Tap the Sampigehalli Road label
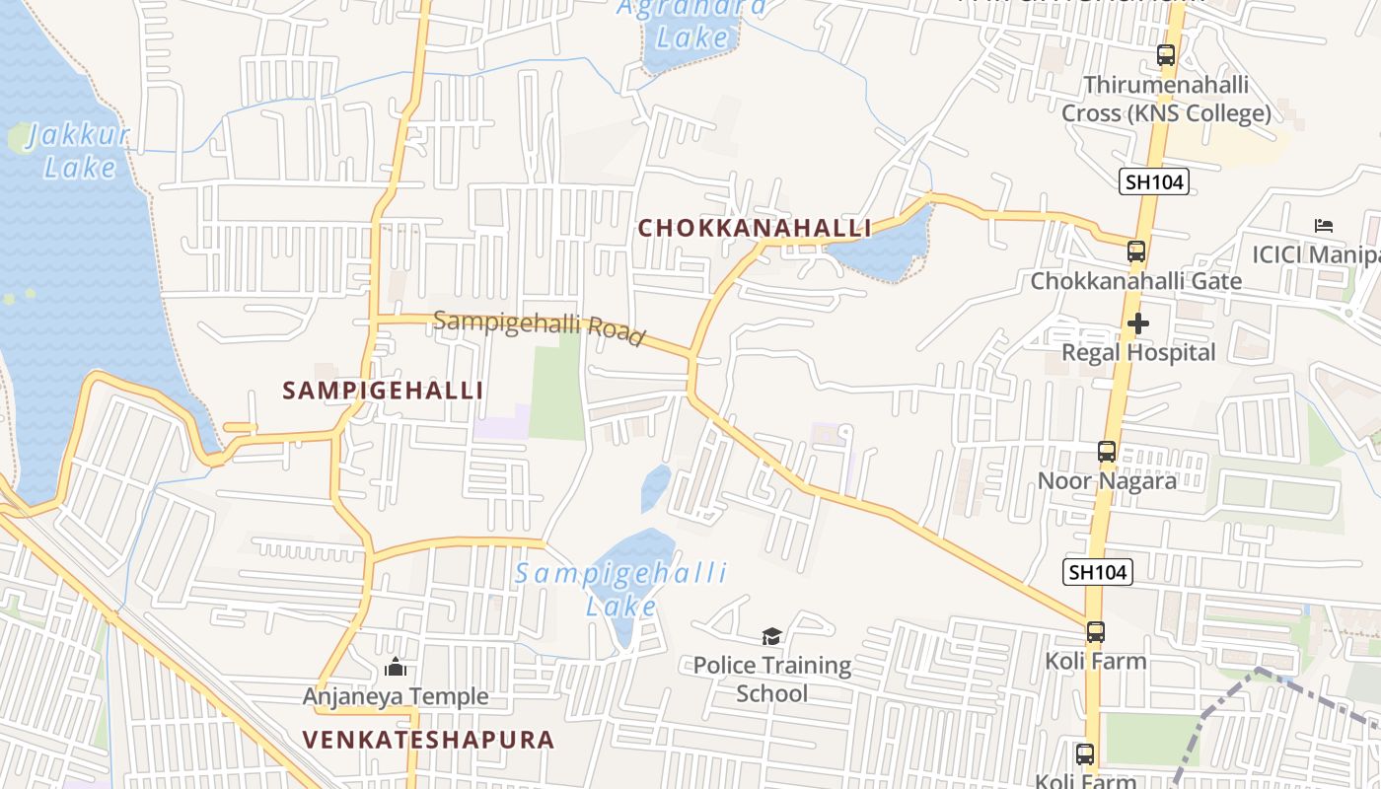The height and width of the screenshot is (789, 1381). coord(539,326)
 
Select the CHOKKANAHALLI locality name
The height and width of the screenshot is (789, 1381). coord(755,228)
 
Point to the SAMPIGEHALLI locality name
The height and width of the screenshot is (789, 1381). coord(383,391)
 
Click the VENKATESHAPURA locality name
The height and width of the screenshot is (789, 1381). coord(428,740)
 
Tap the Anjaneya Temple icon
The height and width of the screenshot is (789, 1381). coord(395,668)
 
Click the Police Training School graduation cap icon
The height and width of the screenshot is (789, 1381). coord(771,637)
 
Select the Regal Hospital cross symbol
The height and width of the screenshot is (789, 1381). coord(1138,323)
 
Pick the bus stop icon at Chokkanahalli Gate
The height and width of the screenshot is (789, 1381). coord(1136,251)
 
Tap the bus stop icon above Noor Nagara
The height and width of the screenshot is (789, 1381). coord(1107,453)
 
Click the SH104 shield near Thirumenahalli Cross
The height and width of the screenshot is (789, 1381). coord(1154,181)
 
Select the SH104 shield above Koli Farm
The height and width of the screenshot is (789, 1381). coord(1098,572)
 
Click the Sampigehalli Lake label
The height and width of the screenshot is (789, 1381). coord(621,589)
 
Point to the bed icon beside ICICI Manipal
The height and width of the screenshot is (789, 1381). coord(1324,226)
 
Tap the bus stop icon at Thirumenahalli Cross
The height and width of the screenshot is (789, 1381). coord(1166,56)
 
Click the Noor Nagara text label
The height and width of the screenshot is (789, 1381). coord(1106,481)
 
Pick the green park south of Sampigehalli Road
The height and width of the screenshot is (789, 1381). coord(558,390)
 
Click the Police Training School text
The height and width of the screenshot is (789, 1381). coord(771,680)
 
